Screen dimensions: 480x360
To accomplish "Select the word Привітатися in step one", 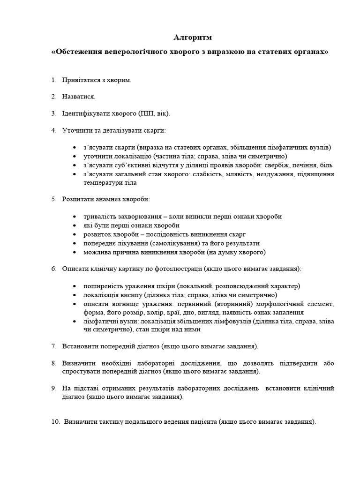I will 80,80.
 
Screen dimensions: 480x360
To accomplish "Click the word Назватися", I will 78,97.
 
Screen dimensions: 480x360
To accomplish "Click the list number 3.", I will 53,113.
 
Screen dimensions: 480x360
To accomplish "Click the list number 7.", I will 53,346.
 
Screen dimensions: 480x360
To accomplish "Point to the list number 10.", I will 55,421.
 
